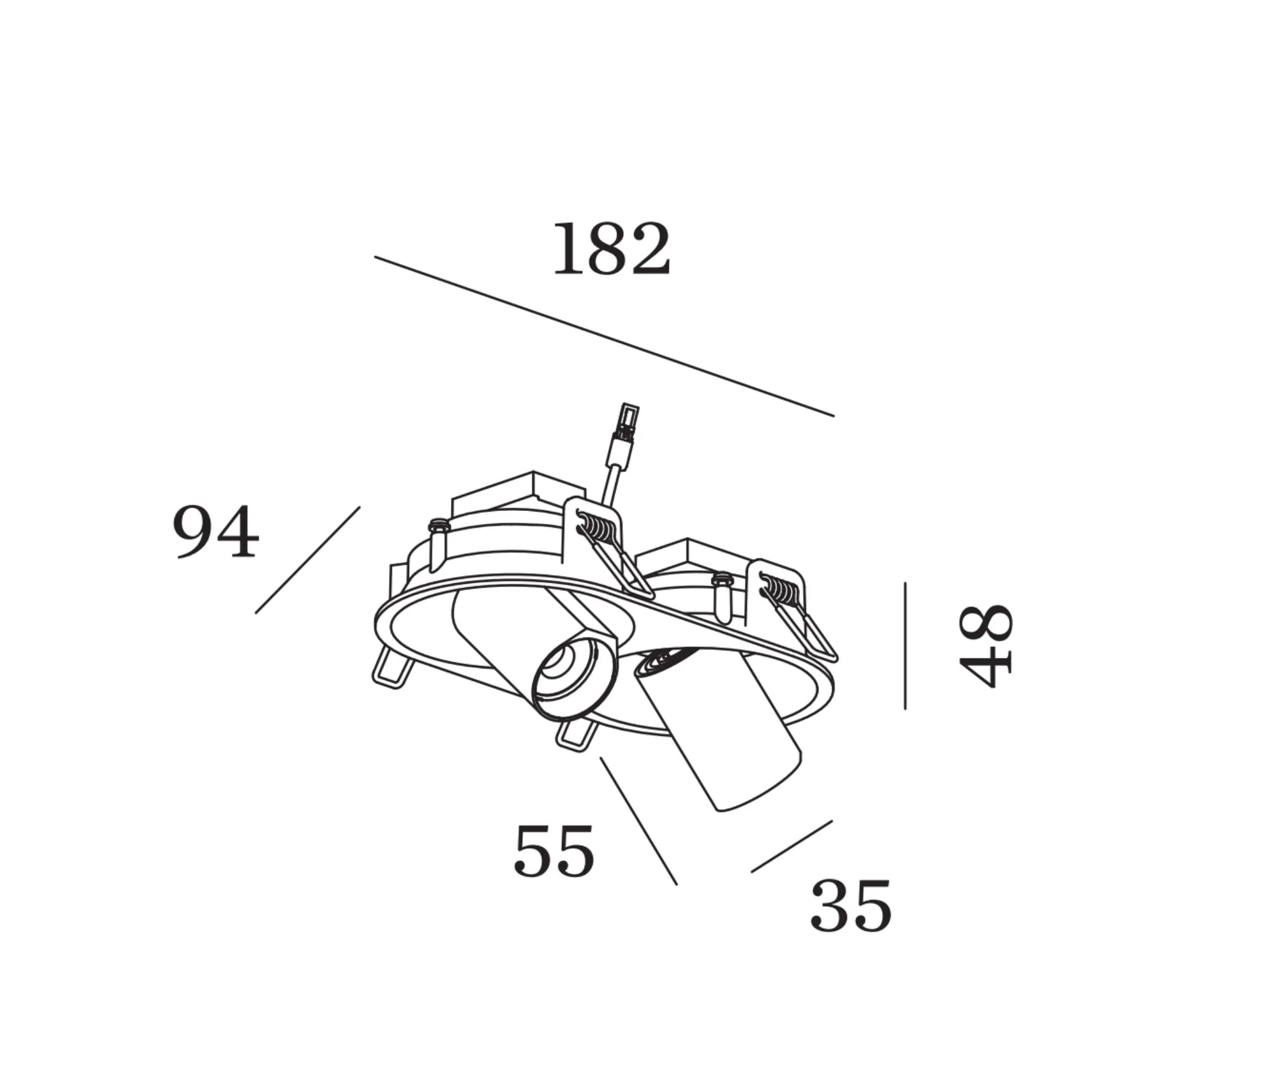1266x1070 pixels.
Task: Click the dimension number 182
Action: (611, 249)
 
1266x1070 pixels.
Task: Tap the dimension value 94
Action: (216, 532)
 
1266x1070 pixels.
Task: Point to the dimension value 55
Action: (554, 850)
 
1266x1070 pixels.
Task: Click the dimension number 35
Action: (851, 906)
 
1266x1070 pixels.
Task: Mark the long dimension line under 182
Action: (604, 336)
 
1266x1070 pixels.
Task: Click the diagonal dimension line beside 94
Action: (308, 560)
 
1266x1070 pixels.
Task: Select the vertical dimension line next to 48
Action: (905, 646)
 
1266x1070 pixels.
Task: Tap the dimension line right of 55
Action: (639, 820)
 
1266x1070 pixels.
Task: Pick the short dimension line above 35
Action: (792, 846)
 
